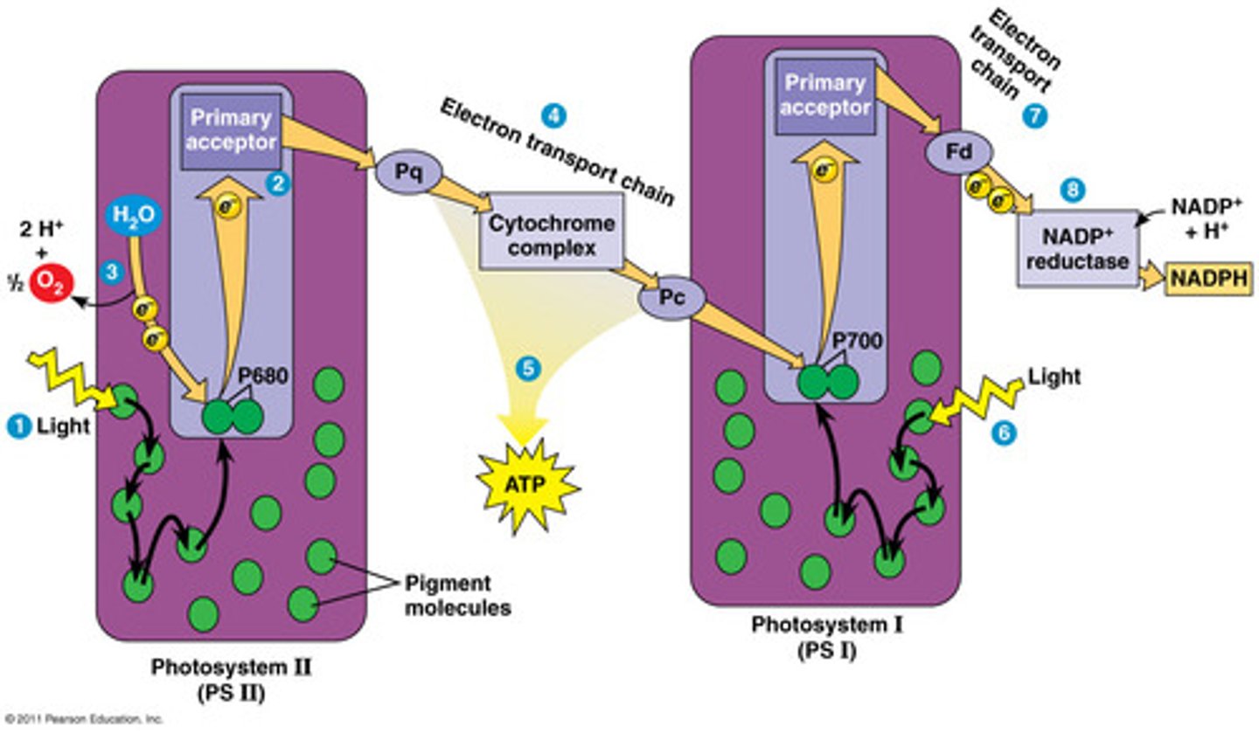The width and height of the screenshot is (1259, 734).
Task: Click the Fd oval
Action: click(959, 152)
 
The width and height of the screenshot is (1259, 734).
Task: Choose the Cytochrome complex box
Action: click(551, 236)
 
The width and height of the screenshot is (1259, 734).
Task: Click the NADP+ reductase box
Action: click(1078, 247)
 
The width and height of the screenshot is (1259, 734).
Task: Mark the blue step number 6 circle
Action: click(1004, 433)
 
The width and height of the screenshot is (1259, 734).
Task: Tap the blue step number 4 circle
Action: click(553, 114)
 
